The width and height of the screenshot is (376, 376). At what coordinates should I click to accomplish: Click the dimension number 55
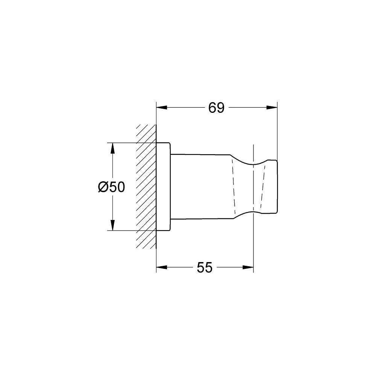205,267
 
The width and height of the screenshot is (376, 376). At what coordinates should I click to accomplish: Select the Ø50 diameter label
112,187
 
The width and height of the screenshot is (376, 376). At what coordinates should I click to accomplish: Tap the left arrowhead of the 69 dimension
162,108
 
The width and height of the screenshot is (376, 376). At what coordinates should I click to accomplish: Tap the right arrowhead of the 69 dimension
272,108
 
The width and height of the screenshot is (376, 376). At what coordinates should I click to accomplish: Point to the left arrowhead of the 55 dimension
162,267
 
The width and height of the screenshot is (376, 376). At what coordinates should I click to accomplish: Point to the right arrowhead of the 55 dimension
248,267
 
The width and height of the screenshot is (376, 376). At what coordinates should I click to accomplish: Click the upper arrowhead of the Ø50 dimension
112,148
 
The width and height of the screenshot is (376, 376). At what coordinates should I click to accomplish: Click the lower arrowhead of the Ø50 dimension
112,225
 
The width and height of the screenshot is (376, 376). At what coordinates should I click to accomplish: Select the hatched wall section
146,186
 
